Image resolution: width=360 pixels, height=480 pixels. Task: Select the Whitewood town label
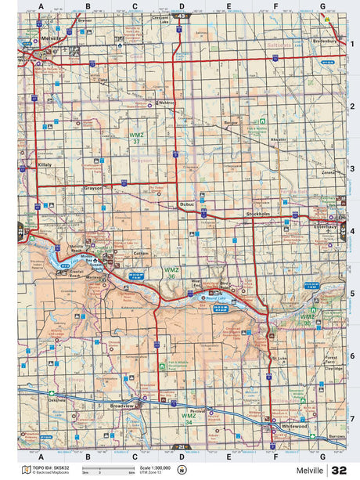(294, 426)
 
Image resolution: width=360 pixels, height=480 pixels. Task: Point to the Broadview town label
(123, 406)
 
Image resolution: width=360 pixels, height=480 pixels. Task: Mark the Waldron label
(166, 102)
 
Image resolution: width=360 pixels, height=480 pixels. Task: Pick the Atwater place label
(278, 139)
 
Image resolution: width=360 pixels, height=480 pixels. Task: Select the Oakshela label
(56, 398)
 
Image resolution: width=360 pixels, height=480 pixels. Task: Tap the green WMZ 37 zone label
(136, 138)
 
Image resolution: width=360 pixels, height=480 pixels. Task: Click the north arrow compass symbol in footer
(182, 470)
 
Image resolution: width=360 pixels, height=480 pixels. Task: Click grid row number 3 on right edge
(352, 168)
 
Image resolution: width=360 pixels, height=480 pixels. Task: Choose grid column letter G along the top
(322, 6)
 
